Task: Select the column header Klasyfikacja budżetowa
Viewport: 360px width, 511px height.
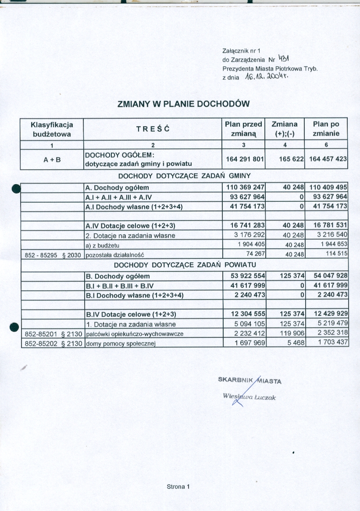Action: point(52,129)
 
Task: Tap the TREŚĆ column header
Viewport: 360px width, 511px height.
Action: point(152,129)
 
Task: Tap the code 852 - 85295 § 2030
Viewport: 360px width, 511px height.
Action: point(52,254)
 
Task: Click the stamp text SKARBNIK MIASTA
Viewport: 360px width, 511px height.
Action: point(250,381)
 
